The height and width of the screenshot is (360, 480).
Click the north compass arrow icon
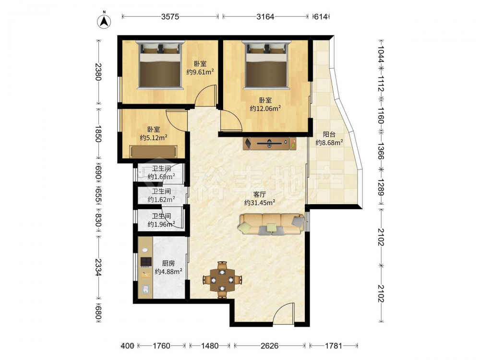click(104, 22)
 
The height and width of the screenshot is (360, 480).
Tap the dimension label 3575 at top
click(170, 16)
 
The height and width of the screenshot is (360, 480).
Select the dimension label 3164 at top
click(265, 16)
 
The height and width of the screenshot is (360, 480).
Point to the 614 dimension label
click(321, 17)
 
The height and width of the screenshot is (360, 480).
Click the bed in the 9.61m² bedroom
click(160, 65)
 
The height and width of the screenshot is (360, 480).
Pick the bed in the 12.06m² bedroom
click(266, 65)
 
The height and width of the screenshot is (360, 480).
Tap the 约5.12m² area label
click(154, 138)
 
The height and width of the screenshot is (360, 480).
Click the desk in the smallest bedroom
click(154, 151)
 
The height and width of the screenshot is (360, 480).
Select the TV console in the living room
click(270, 143)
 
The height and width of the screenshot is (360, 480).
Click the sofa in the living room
click(272, 224)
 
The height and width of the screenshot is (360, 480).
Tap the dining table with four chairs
click(222, 280)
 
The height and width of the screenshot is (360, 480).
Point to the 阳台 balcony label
click(329, 134)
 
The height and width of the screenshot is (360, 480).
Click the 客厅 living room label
click(260, 194)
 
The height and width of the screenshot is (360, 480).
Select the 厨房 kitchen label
click(168, 263)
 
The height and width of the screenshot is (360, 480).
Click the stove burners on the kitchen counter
click(146, 262)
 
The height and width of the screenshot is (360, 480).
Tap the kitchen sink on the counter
click(145, 289)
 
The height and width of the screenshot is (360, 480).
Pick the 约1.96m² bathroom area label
click(161, 224)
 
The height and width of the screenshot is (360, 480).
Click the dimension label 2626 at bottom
click(269, 346)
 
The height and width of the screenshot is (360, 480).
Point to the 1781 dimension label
click(334, 346)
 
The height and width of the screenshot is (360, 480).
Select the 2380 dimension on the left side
click(98, 72)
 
